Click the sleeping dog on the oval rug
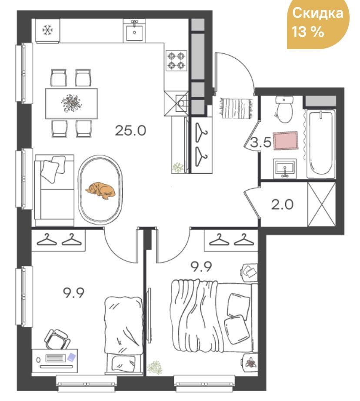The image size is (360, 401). pos(100,190)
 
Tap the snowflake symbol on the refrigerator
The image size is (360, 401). pos(47,30)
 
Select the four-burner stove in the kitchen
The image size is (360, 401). pos(176,61)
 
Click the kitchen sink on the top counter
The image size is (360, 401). pos(135,30)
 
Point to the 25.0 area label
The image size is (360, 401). pos(130,130)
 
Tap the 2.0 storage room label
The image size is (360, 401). pos(283,205)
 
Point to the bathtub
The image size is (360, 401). pos(321,143)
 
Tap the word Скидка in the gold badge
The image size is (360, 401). pos(317,13)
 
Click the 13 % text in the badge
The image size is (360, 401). pos(308,33)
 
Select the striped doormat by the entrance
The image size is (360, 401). pos(236,108)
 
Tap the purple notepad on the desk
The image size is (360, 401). pos(71,357)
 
